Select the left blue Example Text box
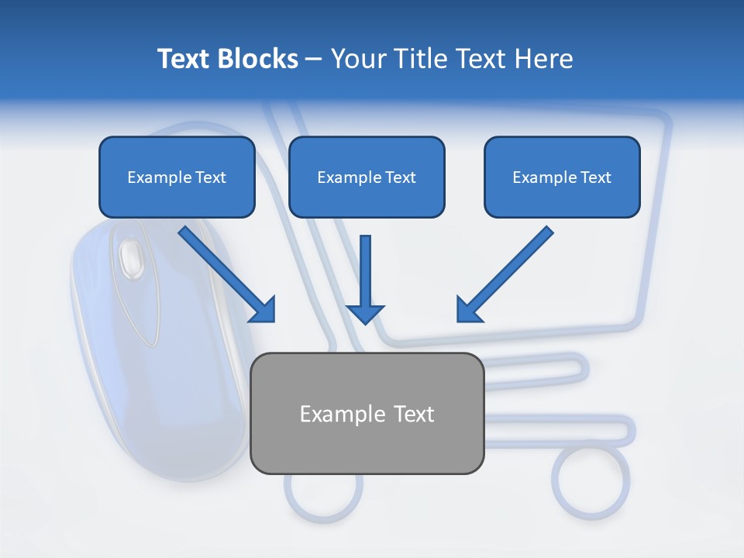[x=177, y=177]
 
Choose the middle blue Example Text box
[x=367, y=177]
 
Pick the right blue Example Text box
[x=562, y=177]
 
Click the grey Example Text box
[x=367, y=413]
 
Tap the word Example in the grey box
[x=343, y=414]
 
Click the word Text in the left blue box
[x=211, y=177]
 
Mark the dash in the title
[x=314, y=60]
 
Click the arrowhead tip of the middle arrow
[x=365, y=321]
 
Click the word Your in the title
[x=357, y=59]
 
